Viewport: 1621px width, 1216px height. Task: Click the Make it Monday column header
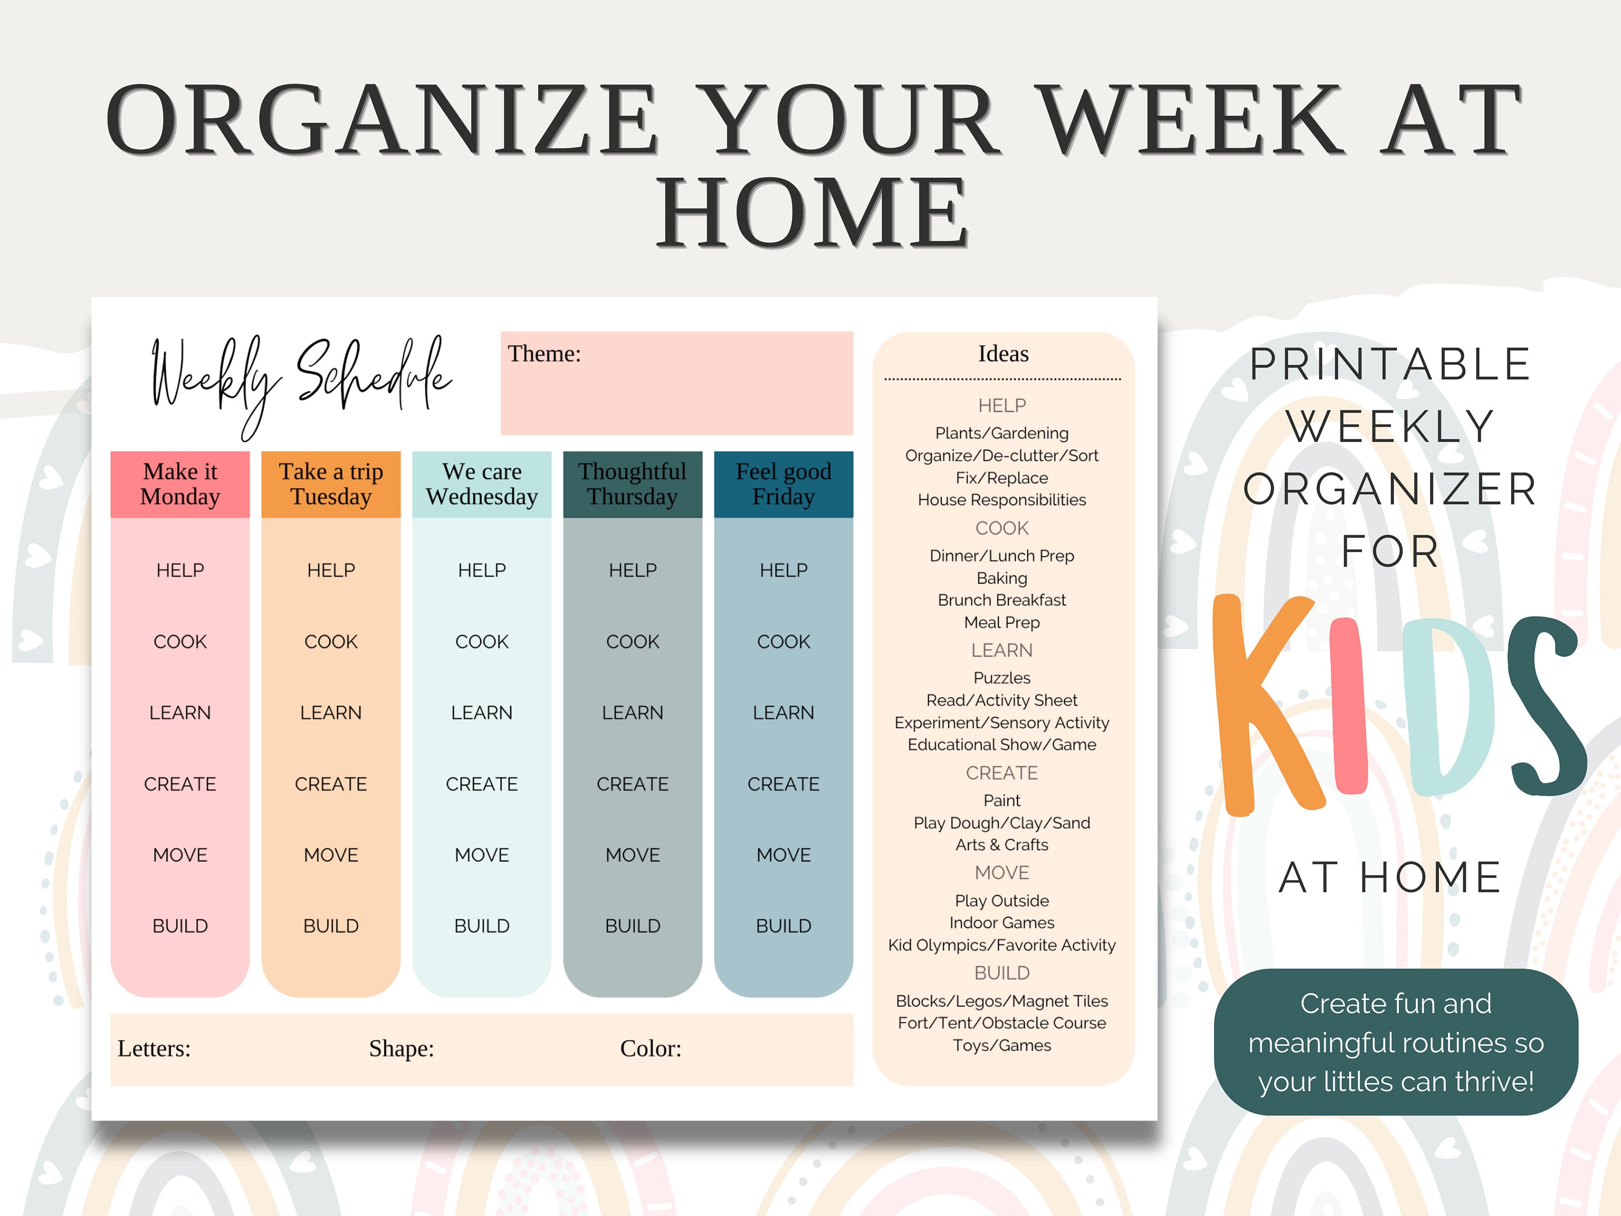coord(180,484)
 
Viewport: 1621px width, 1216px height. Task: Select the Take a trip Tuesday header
coord(331,484)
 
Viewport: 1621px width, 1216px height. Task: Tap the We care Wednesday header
coord(482,484)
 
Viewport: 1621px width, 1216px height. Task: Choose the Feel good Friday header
coord(783,484)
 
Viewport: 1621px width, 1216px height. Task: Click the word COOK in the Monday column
coord(180,642)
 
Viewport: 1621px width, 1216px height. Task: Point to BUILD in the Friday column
coord(783,926)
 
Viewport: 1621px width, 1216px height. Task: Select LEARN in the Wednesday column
coord(482,712)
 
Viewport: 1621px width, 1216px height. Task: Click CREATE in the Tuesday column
coord(331,784)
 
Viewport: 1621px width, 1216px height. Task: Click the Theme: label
coord(545,354)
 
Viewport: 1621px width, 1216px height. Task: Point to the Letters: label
coord(154,1048)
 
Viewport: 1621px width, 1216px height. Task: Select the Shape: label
coord(401,1048)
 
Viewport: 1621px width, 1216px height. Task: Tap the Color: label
coord(651,1048)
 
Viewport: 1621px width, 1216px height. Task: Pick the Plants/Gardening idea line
coord(1002,433)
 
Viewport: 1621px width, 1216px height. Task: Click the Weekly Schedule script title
coord(300,377)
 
